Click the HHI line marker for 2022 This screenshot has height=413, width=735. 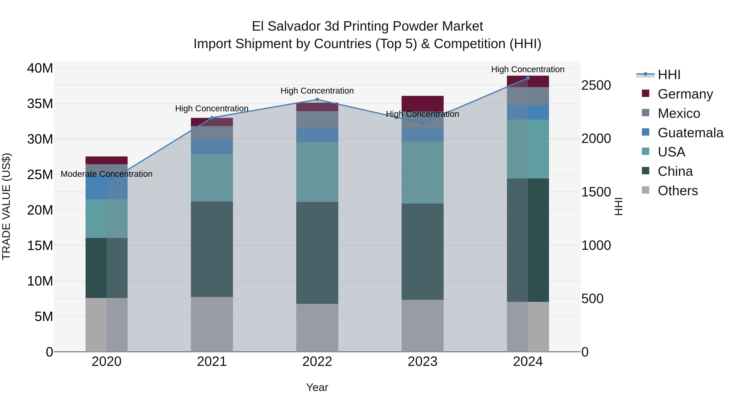[x=317, y=100]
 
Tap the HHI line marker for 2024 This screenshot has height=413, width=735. [x=528, y=78]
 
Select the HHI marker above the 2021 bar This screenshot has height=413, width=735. [x=212, y=118]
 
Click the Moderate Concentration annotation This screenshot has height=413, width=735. [x=106, y=174]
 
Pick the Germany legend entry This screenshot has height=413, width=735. [x=685, y=94]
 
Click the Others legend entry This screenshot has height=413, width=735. [x=677, y=191]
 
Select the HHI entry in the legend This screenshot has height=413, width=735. [x=669, y=75]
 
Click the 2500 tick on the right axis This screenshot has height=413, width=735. [x=596, y=85]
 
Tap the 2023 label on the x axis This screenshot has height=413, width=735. [x=422, y=362]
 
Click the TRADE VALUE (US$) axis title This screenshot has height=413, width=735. [x=6, y=206]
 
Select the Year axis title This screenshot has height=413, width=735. [x=317, y=387]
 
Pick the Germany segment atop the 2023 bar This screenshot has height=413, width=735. [x=422, y=103]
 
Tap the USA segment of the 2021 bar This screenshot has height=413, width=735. [x=212, y=178]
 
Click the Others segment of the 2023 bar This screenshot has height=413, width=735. [x=422, y=325]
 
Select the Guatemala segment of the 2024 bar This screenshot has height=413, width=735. [x=528, y=112]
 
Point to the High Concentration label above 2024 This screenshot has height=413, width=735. [x=528, y=69]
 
